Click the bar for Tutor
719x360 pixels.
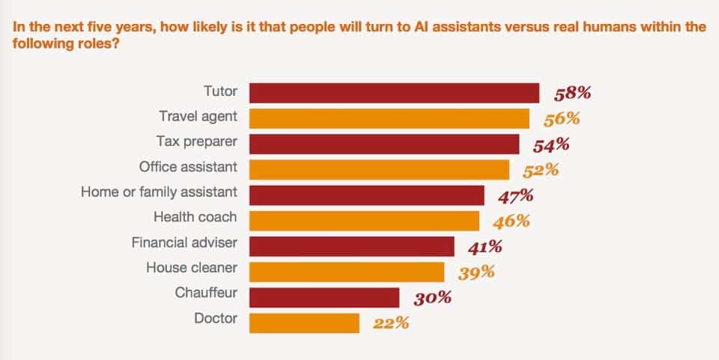pos(395,93)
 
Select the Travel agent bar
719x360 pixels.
pos(389,118)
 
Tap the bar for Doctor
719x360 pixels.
pos(305,323)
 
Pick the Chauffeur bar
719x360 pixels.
pos(324,297)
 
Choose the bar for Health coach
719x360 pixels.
pos(364,221)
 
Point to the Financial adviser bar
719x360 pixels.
pos(352,246)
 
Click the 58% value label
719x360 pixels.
pos(573,94)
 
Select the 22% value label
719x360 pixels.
pos(391,323)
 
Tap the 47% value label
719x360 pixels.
pos(516,197)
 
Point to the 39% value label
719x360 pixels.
pos(476,273)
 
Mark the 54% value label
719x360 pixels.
pos(551,145)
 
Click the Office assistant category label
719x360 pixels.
pos(189,167)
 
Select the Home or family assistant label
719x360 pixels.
pos(159,192)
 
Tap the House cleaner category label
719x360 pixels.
pos(192,267)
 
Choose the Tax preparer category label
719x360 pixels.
pos(197,142)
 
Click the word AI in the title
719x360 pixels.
pos(422,26)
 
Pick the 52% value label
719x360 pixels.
pos(541,171)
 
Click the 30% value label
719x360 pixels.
pos(433,298)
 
